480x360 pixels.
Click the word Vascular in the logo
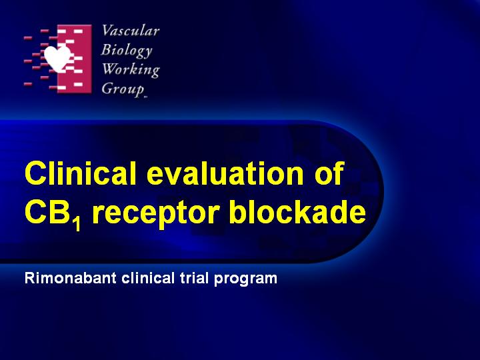click(x=131, y=31)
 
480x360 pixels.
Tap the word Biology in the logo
click(x=127, y=51)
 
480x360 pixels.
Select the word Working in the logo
click(x=131, y=70)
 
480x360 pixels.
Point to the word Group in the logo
click(x=123, y=89)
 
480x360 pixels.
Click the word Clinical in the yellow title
click(x=81, y=173)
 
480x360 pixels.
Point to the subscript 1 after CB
click(x=77, y=224)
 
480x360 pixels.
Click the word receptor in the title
click(x=155, y=214)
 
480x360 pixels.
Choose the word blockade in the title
click(x=297, y=211)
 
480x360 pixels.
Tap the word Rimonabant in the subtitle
click(x=71, y=278)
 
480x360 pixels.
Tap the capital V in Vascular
click(x=107, y=31)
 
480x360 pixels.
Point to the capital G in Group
click(x=107, y=89)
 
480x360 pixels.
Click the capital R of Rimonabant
click(x=30, y=278)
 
